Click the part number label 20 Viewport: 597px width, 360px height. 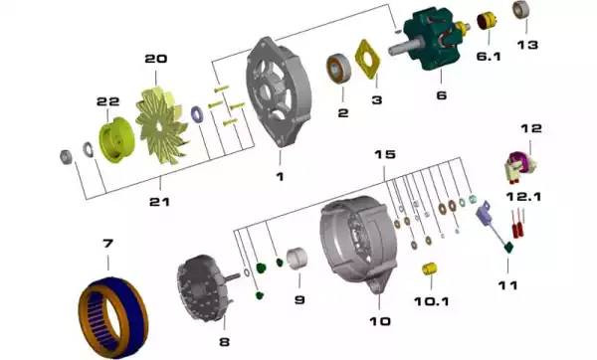point(156,59)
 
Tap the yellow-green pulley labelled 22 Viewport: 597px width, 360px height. point(116,139)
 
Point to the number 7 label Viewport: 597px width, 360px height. point(107,243)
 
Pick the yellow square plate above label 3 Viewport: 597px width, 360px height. point(367,60)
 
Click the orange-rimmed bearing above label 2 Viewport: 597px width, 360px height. point(338,69)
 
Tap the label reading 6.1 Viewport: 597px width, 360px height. point(489,57)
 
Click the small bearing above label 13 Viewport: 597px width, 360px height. point(520,10)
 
